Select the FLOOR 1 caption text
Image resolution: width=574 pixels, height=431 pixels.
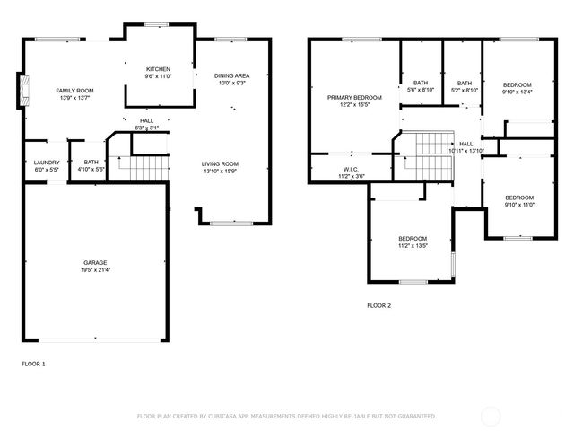33,364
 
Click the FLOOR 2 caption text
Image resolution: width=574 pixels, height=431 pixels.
378,305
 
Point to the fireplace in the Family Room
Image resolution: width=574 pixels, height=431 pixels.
23,90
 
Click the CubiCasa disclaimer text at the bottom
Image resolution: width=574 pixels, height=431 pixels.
286,416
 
